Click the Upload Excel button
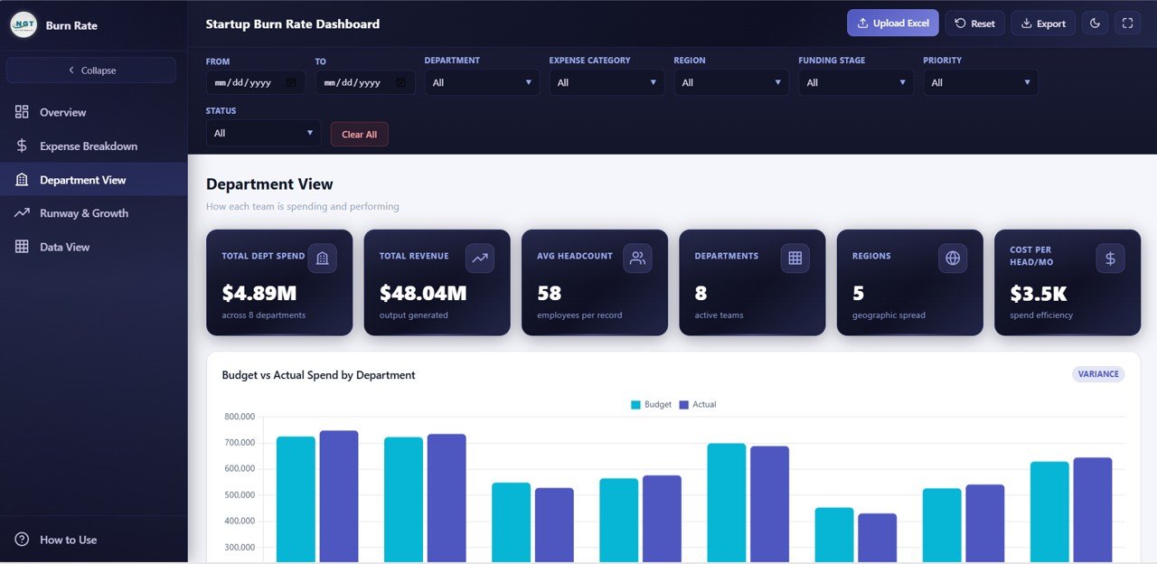[x=892, y=23]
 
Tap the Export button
[x=1042, y=23]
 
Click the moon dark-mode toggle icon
[x=1095, y=23]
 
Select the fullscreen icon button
[x=1127, y=23]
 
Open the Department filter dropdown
[x=482, y=82]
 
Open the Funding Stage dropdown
[x=855, y=82]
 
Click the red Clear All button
[x=359, y=134]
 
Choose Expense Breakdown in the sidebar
[x=88, y=146]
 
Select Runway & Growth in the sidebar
[x=83, y=213]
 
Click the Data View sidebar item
[x=64, y=247]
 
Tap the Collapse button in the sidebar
[x=91, y=70]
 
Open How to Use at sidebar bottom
[x=68, y=540]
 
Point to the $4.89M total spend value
[x=259, y=293]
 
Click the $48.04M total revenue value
[x=422, y=293]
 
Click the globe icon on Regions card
[x=952, y=258]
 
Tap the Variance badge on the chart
[x=1098, y=374]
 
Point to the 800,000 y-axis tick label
[x=239, y=417]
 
